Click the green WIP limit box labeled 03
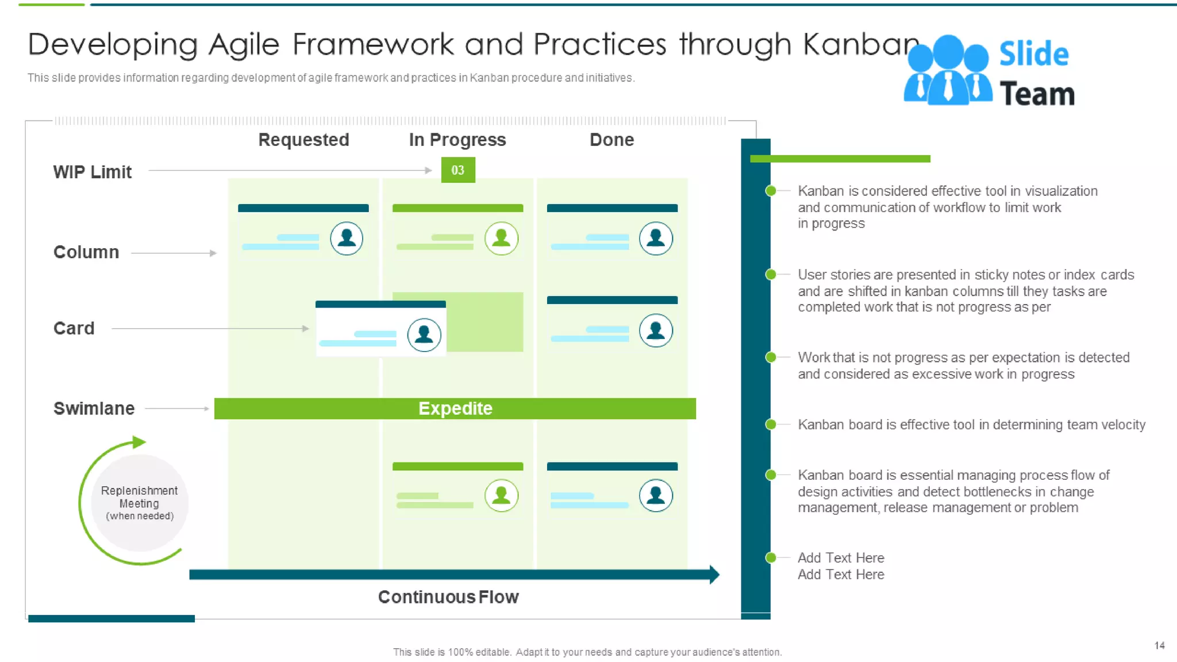(x=457, y=170)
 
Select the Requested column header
(x=303, y=140)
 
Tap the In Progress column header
(x=457, y=140)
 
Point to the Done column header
(x=611, y=140)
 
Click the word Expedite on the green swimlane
(x=455, y=409)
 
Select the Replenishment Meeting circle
(x=140, y=503)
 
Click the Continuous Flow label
(x=448, y=597)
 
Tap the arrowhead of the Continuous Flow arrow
(x=714, y=574)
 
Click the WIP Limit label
(x=92, y=172)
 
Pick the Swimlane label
(x=94, y=409)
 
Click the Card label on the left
(x=74, y=328)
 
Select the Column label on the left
(x=86, y=252)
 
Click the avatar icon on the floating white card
(x=424, y=334)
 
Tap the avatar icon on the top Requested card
(x=347, y=238)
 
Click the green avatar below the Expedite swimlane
(x=501, y=495)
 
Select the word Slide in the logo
(x=1033, y=55)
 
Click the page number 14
(x=1159, y=645)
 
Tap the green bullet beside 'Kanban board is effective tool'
(x=771, y=425)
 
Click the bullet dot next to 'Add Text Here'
(x=771, y=557)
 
